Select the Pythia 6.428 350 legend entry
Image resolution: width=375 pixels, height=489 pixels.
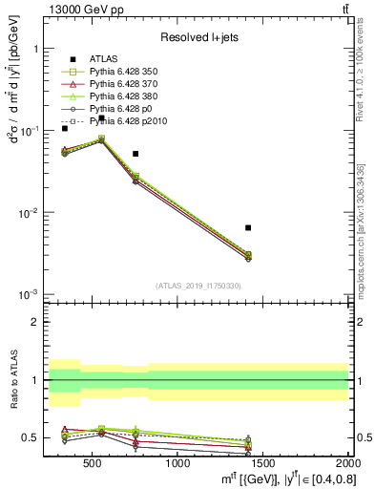pyautogui.click(x=121, y=72)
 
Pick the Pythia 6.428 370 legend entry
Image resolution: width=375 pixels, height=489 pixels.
pyautogui.click(x=121, y=84)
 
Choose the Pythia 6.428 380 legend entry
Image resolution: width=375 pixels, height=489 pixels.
pyautogui.click(x=121, y=96)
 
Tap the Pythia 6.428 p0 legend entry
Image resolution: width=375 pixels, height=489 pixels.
pyautogui.click(x=118, y=109)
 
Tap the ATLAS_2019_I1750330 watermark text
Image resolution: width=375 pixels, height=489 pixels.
pyautogui.click(x=198, y=286)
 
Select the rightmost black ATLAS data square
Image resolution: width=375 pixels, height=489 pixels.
pyautogui.click(x=248, y=227)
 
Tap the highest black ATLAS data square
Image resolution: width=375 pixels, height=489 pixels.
pyautogui.click(x=101, y=118)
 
